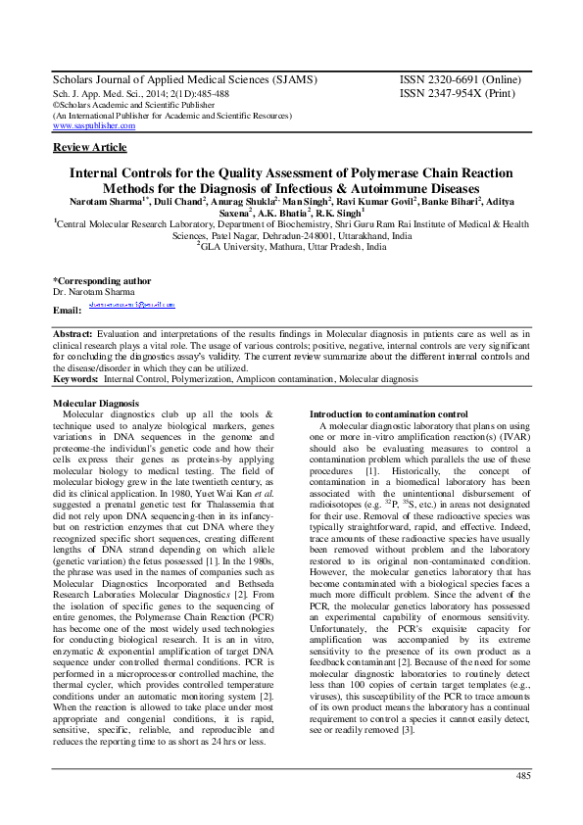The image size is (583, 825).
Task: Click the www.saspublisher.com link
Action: pos(93,126)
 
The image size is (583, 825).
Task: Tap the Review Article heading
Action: pos(89,148)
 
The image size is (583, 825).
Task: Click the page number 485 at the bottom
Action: pos(522,776)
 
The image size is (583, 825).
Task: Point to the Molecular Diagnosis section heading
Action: pos(96,403)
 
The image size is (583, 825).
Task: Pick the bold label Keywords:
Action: pos(76,377)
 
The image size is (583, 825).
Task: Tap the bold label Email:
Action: pos(66,310)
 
